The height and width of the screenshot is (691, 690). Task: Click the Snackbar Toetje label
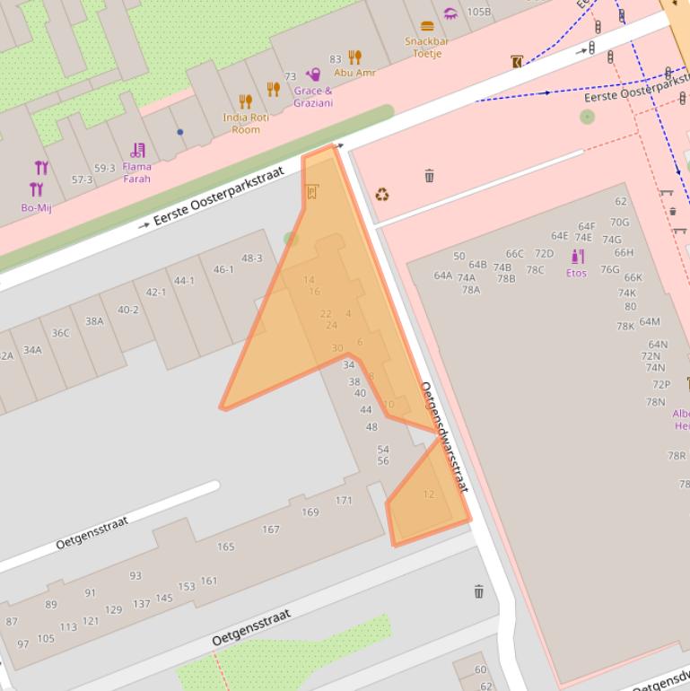(426, 48)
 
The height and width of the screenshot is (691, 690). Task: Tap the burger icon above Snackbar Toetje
(427, 26)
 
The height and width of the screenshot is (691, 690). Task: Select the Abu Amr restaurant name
(354, 73)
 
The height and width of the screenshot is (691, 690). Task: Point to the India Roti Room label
(246, 124)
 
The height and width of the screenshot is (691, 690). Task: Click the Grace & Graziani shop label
(313, 97)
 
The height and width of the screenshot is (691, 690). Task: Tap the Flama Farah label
(137, 172)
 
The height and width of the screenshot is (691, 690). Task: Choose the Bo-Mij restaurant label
(36, 208)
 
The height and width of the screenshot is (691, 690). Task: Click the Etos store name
(576, 273)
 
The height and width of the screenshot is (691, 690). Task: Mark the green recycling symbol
(382, 194)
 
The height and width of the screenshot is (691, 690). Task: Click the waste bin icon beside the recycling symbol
(429, 176)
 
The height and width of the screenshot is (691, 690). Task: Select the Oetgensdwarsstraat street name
(445, 437)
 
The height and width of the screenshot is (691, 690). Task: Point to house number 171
(344, 501)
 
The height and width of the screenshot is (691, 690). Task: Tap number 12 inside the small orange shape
(428, 494)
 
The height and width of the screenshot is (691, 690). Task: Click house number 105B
(478, 12)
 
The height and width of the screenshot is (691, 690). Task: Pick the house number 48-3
(252, 258)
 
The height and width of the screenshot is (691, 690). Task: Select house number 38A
(94, 321)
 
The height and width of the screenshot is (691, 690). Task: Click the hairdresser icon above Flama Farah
(137, 150)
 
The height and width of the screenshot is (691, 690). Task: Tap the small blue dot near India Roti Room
(180, 132)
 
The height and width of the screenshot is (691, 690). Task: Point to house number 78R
(676, 456)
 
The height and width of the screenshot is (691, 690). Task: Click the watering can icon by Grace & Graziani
(313, 75)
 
